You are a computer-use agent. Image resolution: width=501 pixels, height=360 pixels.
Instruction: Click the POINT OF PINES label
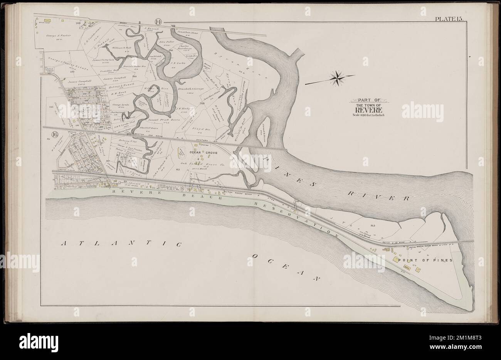click(x=422, y=260)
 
